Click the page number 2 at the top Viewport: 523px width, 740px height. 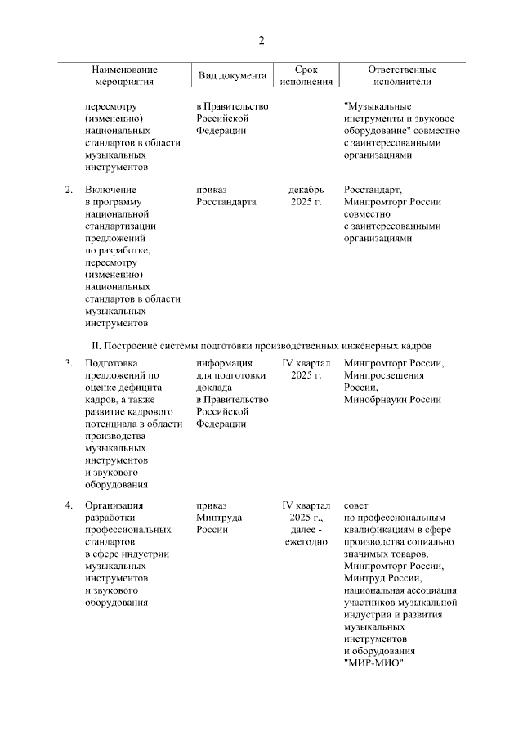[261, 41]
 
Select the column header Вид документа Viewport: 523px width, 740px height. [233, 76]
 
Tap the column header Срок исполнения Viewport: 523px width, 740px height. [306, 76]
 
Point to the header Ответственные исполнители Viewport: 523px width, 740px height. [402, 76]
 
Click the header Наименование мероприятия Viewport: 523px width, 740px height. [124, 76]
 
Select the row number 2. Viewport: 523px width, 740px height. [69, 190]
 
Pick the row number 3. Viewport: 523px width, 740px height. [69, 363]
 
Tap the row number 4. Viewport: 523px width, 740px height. [69, 505]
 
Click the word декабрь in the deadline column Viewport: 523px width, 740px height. [306, 190]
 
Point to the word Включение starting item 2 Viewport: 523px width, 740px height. [110, 190]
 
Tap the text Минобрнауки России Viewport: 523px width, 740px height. [393, 400]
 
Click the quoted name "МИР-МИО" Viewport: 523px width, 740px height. [374, 663]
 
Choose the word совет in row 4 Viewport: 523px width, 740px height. [356, 505]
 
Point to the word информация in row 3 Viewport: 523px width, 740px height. [224, 363]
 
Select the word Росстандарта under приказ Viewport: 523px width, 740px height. [226, 202]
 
